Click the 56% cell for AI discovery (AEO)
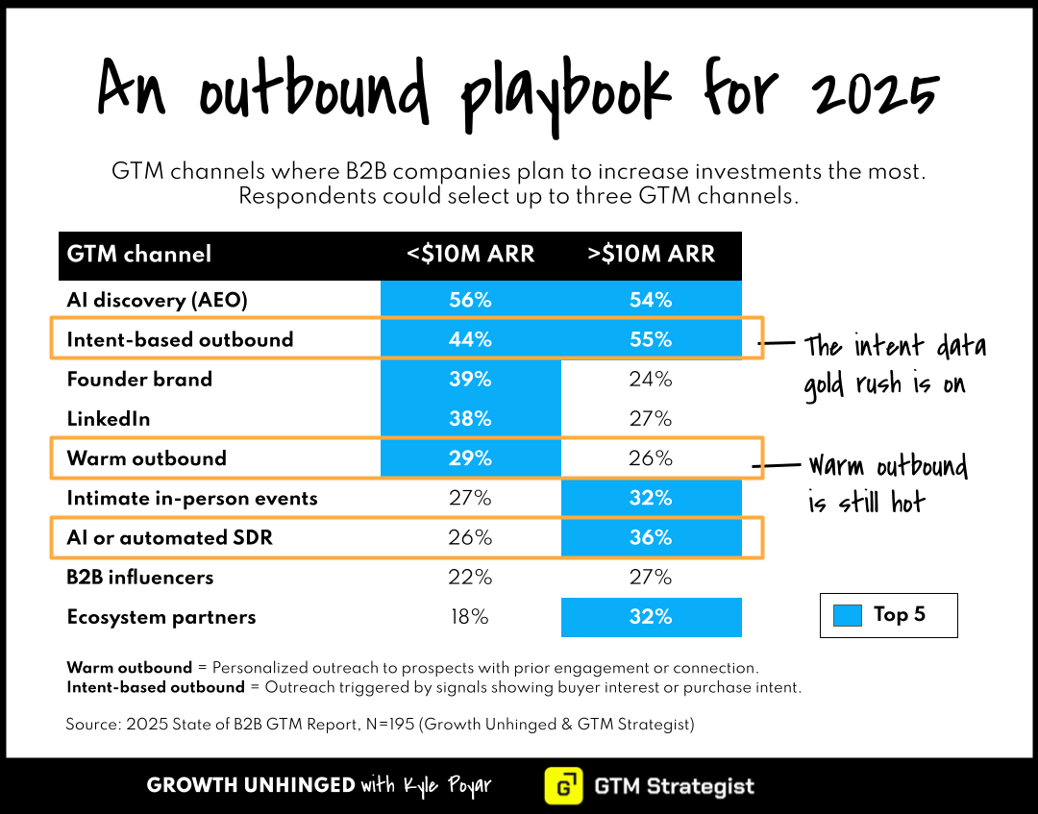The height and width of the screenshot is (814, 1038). coord(470,300)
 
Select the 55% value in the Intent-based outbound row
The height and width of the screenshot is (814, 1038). coord(651,339)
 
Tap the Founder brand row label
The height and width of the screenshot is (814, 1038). coord(139,379)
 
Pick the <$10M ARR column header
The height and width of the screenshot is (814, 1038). coord(470,255)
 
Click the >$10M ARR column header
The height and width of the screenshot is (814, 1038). coord(651,255)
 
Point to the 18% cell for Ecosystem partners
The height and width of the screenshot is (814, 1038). coord(470,617)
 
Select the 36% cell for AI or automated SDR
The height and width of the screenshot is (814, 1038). coord(651,537)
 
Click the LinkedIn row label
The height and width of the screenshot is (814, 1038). coord(109,419)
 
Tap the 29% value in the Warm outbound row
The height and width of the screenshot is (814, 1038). coord(470,458)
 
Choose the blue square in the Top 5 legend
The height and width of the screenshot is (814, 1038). coord(848,615)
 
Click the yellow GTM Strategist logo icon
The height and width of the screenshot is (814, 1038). coord(563,786)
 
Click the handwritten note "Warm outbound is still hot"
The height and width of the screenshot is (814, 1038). coord(886,483)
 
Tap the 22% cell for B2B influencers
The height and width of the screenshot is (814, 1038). coord(470,577)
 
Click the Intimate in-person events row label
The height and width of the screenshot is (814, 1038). coord(191,498)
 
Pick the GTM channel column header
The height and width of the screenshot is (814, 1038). coord(139,255)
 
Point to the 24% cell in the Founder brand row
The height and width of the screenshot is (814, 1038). coord(651,379)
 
